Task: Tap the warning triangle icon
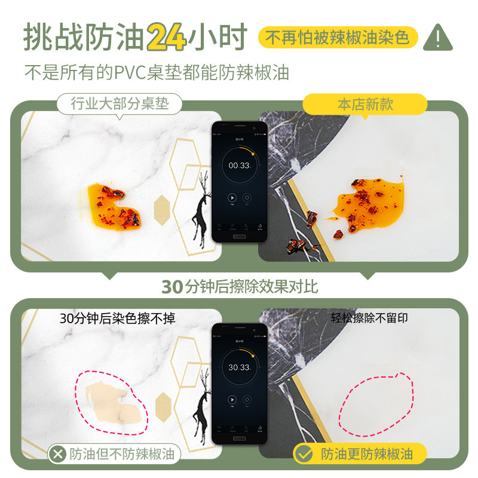441,37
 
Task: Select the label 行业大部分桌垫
119,104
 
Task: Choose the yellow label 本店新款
365,104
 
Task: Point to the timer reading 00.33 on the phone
239,166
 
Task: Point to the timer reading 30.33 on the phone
239,367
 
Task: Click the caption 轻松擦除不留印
369,318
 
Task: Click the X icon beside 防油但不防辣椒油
57,454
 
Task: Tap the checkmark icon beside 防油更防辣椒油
305,454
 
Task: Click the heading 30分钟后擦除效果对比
239,286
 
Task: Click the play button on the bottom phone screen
232,399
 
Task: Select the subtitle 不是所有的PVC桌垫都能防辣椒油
157,72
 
